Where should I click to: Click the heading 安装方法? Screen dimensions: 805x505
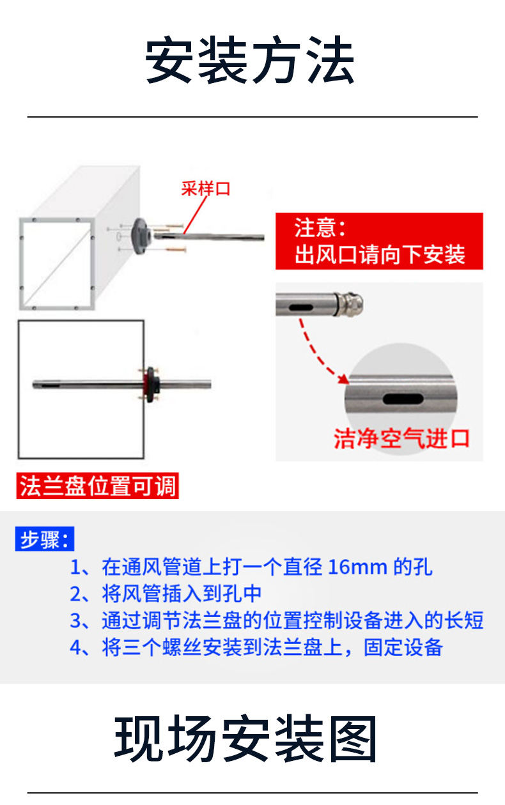pos(250,61)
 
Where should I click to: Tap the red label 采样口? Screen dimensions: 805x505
pos(205,189)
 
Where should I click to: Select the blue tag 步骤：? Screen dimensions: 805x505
pos(44,540)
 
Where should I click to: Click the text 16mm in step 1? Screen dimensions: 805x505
pos(358,567)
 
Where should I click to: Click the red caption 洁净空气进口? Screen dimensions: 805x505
pos(402,439)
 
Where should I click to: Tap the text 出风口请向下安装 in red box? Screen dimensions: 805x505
pos(380,255)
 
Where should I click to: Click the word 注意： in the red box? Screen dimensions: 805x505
pos(320,228)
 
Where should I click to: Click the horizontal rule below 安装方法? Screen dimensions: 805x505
pos(252,117)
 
